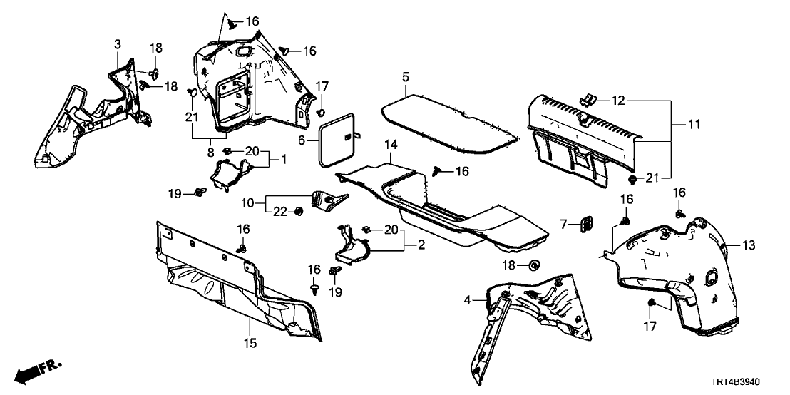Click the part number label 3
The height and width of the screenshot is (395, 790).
[118, 45]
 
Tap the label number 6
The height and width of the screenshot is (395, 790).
[302, 141]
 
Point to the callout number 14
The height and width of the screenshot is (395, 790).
[390, 145]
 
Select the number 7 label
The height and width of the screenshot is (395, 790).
[563, 225]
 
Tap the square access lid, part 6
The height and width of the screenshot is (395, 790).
[337, 141]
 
